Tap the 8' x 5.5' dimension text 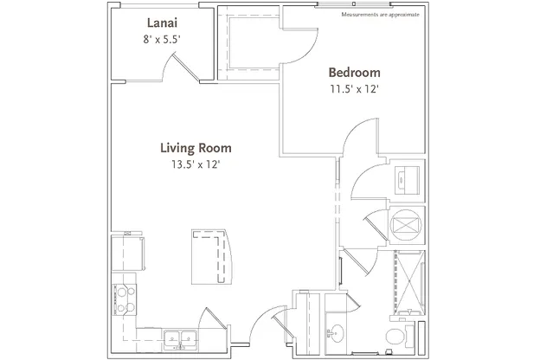(162, 39)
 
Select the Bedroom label (355, 73)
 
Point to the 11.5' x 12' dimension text (355, 89)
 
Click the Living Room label (196, 148)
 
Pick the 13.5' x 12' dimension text (196, 164)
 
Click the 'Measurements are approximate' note (380, 15)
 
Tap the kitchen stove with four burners (125, 299)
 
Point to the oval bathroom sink (337, 333)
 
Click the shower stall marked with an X (409, 283)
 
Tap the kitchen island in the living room (211, 257)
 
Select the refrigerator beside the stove (128, 254)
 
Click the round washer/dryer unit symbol (407, 225)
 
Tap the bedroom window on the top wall (354, 4)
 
